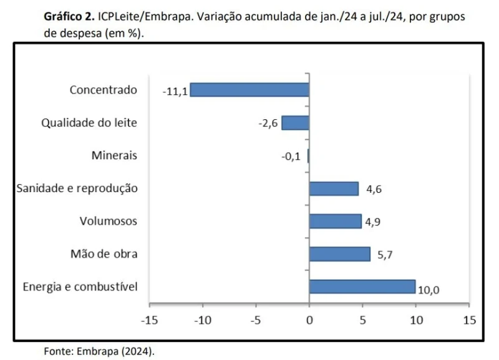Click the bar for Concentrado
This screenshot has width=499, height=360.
(x=249, y=90)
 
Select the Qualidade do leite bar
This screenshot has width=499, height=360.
(x=295, y=123)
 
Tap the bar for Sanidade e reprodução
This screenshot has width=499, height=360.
(x=334, y=188)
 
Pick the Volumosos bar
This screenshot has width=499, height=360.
(x=335, y=221)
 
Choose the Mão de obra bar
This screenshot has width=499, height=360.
(x=339, y=254)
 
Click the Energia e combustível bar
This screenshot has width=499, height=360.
(x=362, y=286)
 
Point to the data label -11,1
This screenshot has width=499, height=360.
(x=175, y=91)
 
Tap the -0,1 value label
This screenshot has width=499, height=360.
(x=291, y=157)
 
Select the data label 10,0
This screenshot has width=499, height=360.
(x=429, y=289)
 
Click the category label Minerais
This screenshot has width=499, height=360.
(x=114, y=155)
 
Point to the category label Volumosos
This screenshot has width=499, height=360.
(x=109, y=221)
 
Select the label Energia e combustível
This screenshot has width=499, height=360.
(x=80, y=287)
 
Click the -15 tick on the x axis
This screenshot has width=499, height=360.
(x=150, y=320)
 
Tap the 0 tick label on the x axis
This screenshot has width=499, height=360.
(x=309, y=320)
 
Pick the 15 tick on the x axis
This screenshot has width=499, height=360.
(x=469, y=320)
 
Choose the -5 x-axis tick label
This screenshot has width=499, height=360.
(x=256, y=320)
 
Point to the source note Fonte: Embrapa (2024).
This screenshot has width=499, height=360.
(x=99, y=351)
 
